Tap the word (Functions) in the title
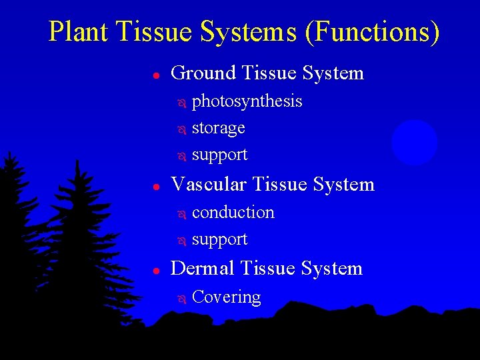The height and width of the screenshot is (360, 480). point(372,32)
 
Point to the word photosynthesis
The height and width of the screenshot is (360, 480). point(247,102)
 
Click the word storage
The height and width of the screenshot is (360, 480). point(218,128)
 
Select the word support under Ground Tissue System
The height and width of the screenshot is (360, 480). point(219,155)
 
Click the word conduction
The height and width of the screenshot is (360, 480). point(233,212)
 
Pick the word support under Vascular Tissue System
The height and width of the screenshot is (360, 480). point(219,239)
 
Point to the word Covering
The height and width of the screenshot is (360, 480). point(226,297)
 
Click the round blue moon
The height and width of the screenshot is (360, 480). point(414,142)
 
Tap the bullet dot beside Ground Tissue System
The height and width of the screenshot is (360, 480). point(154,75)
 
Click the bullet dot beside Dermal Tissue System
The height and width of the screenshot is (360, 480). point(154,270)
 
